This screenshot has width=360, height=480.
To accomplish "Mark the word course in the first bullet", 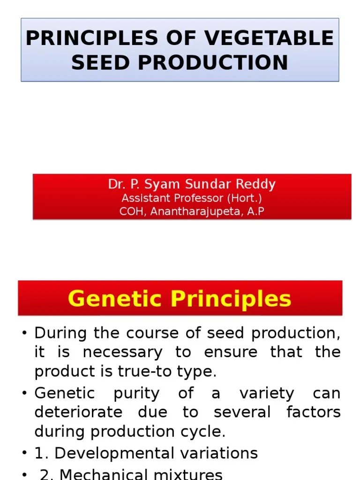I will click(x=138, y=333).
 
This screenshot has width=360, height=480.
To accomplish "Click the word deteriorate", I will click(x=78, y=412).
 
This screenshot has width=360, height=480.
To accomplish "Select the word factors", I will click(x=314, y=412).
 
